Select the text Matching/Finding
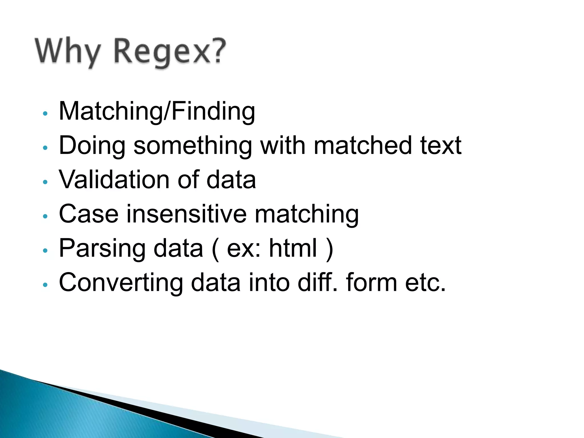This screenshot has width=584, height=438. (157, 111)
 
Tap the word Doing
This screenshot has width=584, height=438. (92, 146)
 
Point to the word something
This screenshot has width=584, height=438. (193, 146)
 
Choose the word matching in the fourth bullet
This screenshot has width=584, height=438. (307, 214)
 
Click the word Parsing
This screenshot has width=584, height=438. (102, 248)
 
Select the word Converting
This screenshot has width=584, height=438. (121, 283)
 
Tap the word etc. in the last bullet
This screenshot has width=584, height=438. (425, 283)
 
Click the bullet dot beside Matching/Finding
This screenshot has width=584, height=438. (45, 113)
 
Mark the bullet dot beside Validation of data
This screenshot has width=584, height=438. (45, 182)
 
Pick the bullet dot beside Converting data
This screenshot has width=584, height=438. (45, 284)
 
